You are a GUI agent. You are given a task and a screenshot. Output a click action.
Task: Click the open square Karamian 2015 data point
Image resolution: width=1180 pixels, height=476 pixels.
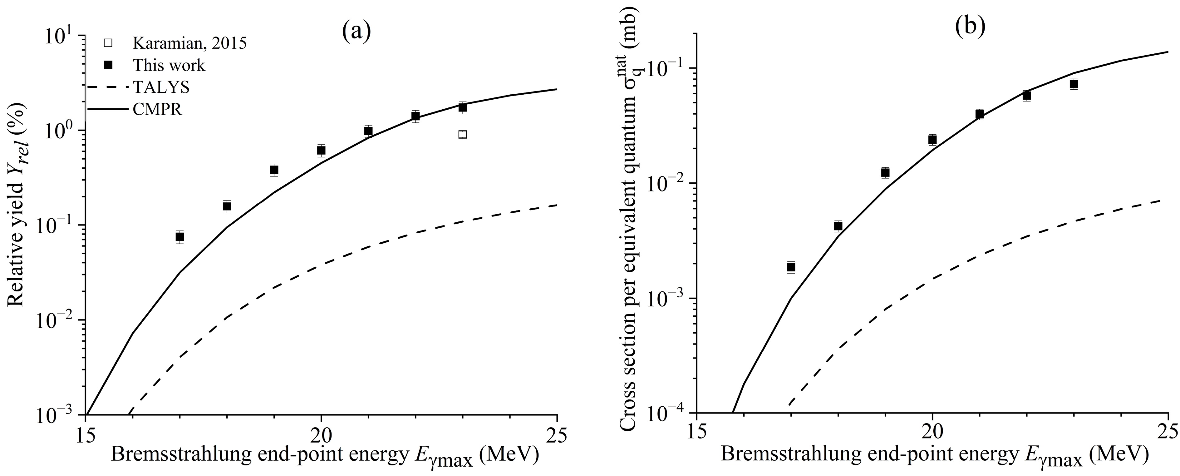[462, 134]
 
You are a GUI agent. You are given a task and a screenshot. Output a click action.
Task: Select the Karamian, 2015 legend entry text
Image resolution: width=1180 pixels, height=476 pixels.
[190, 43]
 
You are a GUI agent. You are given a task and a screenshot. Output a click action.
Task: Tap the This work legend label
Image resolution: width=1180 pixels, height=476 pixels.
[169, 66]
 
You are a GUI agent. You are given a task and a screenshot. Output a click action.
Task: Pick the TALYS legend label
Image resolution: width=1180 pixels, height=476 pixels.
[161, 87]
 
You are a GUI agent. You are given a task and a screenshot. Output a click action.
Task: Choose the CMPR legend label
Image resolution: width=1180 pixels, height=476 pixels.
[158, 110]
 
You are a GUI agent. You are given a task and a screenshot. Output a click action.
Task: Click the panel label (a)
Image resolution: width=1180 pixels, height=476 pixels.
[356, 31]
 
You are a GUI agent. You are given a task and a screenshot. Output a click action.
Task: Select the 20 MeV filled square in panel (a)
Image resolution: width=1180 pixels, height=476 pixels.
[321, 150]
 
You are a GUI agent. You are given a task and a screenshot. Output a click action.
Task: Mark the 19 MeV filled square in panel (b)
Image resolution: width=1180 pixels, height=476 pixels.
[885, 172]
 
